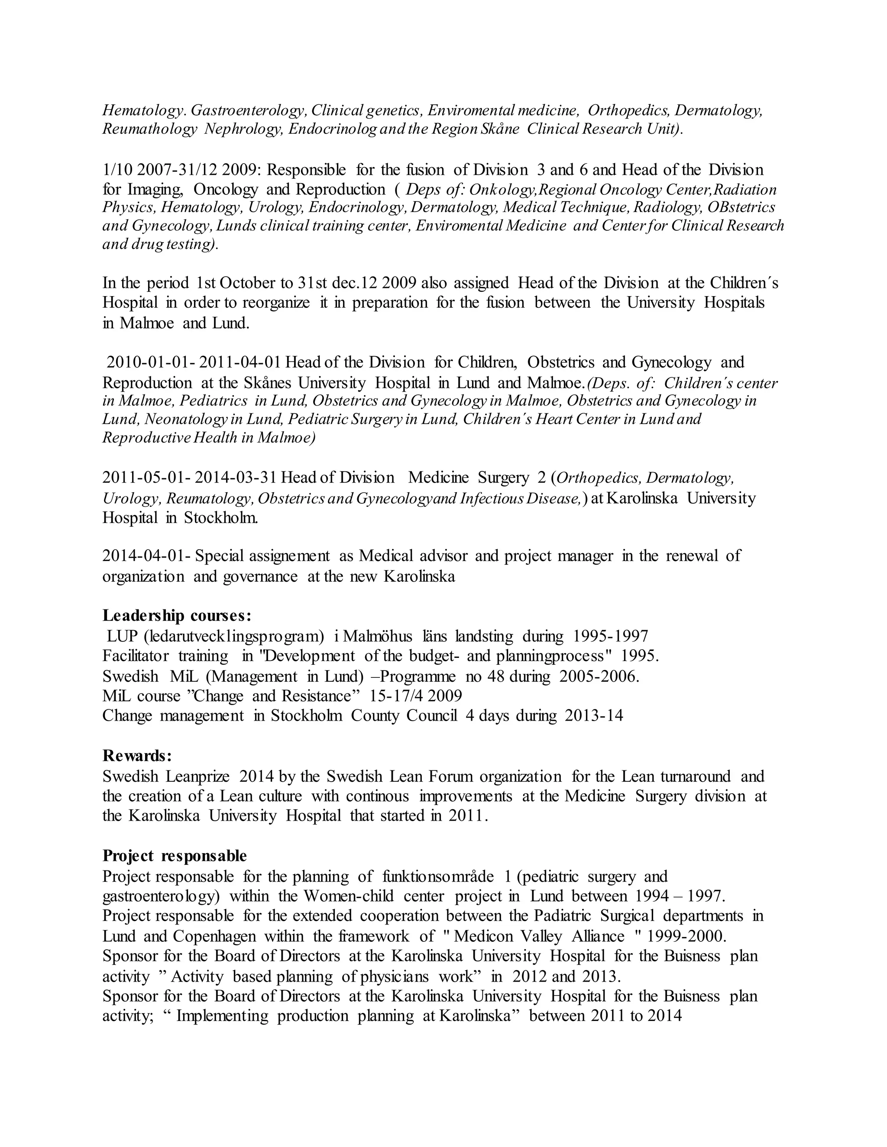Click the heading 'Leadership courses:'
pyautogui.click(x=177, y=615)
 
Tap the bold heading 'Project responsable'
pyautogui.click(x=175, y=856)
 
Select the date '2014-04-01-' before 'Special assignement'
pyautogui.click(x=148, y=556)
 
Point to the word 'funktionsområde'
pyautogui.click(x=439, y=876)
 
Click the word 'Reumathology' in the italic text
pyautogui.click(x=150, y=129)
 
